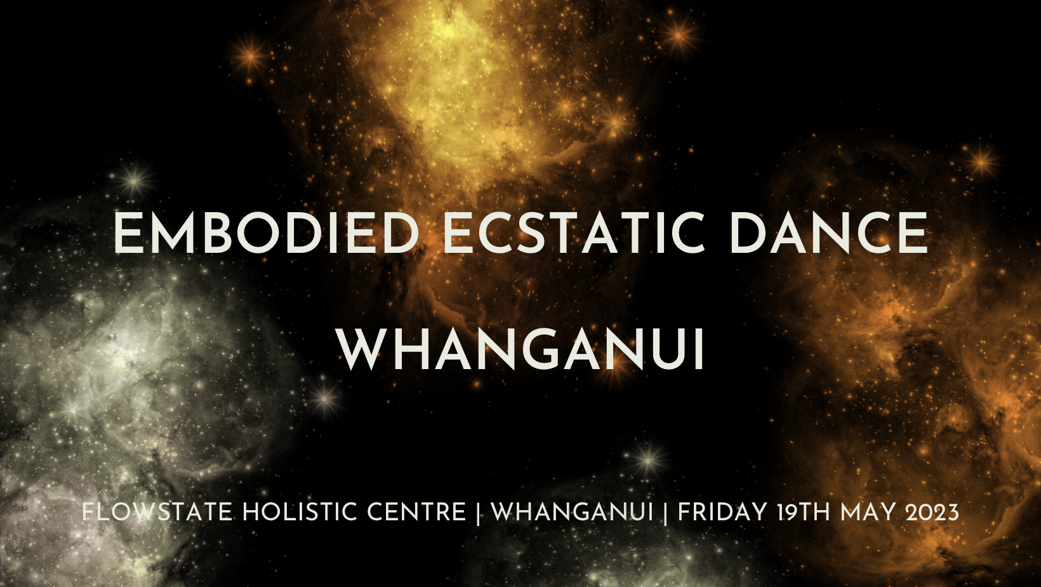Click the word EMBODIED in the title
pyautogui.click(x=265, y=233)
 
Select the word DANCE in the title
pyautogui.click(x=828, y=233)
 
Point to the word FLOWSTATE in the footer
pyautogui.click(x=157, y=513)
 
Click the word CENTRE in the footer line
pyautogui.click(x=416, y=513)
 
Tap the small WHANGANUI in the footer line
pyautogui.click(x=571, y=513)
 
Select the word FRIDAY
pyautogui.click(x=722, y=513)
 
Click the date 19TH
pyautogui.click(x=803, y=513)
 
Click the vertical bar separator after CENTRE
pyautogui.click(x=479, y=513)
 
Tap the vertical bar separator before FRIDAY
pyautogui.click(x=665, y=513)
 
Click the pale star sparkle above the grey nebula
pyautogui.click(x=134, y=180)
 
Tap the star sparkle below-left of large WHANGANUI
pyautogui.click(x=325, y=398)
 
